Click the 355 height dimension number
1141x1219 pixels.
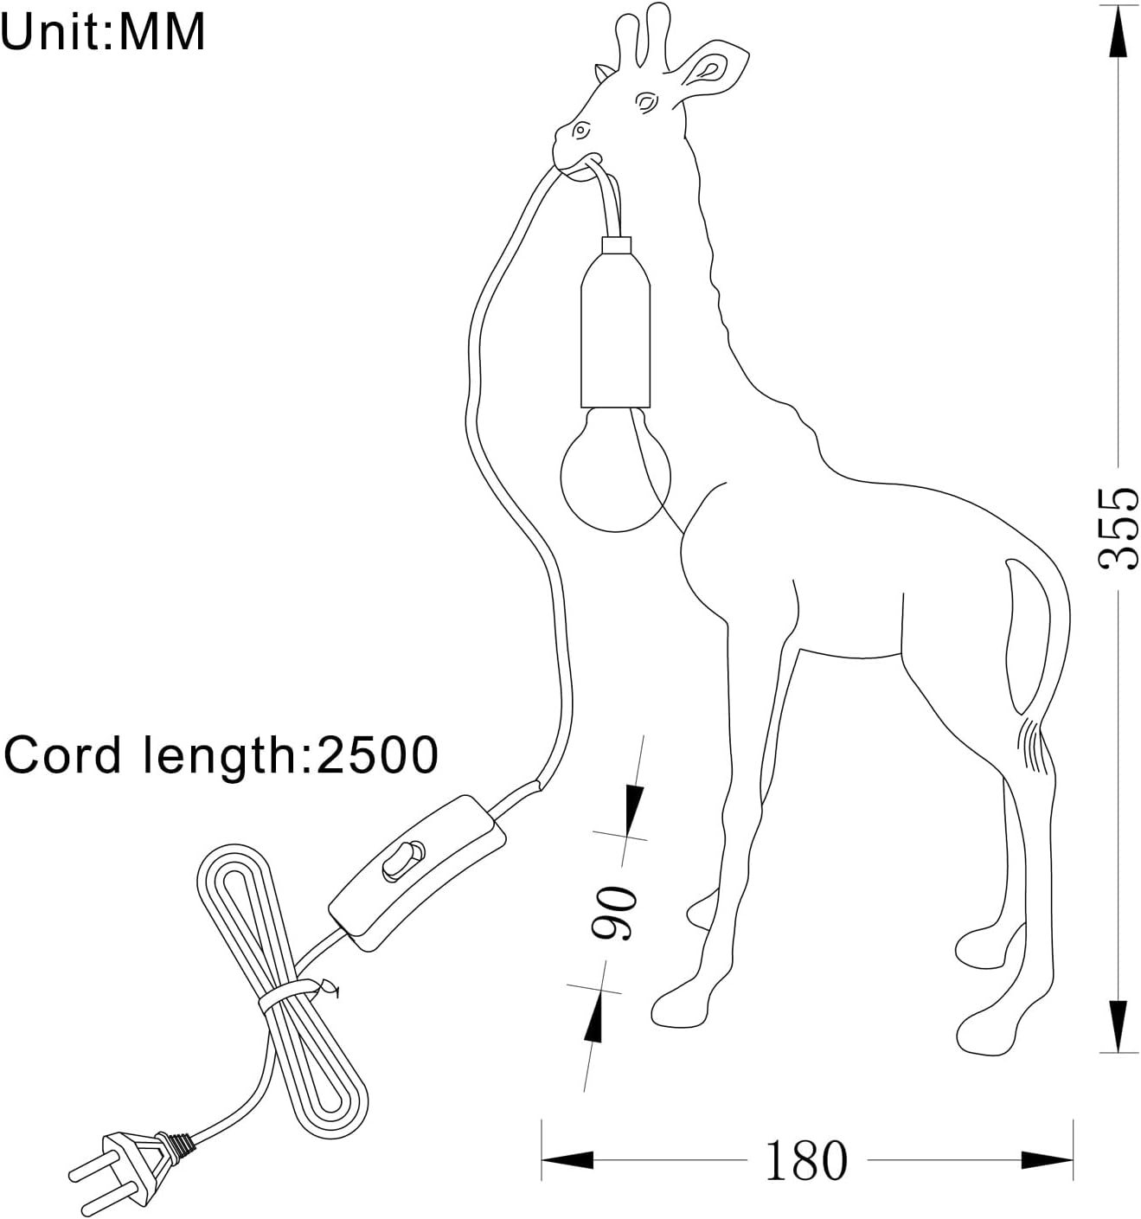pyautogui.click(x=1117, y=529)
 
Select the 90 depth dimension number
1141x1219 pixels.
pyautogui.click(x=612, y=913)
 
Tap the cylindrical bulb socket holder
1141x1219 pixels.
pyautogui.click(x=616, y=322)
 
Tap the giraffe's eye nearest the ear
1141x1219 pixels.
pyautogui.click(x=646, y=101)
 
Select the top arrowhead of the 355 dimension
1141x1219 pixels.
pyautogui.click(x=1118, y=35)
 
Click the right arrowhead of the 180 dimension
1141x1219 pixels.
pyautogui.click(x=1047, y=1160)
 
